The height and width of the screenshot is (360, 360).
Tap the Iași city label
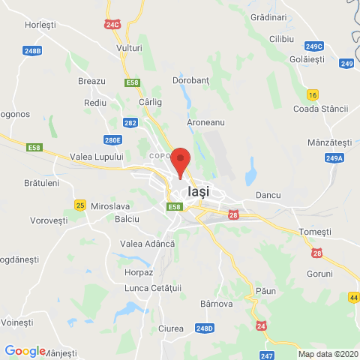[199, 191]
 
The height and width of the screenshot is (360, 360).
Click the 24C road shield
[112, 25]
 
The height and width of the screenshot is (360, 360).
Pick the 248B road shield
[32, 51]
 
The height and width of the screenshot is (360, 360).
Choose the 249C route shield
[314, 46]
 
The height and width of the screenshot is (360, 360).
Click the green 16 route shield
[313, 94]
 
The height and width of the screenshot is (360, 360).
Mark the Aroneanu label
[205, 121]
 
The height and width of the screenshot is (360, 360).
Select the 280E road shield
[112, 139]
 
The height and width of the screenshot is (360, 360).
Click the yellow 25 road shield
[80, 205]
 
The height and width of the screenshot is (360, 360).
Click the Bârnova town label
[217, 304]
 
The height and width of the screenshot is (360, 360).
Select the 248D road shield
[205, 328]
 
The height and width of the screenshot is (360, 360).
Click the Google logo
[25, 350]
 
